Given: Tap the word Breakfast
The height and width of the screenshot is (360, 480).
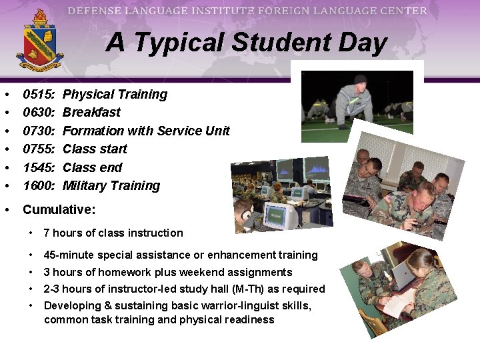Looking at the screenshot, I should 91,113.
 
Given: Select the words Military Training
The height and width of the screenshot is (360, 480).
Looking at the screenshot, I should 111,185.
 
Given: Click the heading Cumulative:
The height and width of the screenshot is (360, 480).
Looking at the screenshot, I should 59,209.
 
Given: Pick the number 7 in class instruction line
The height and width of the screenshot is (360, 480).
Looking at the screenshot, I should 47,233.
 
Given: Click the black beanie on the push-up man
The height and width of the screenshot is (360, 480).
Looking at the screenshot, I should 361,79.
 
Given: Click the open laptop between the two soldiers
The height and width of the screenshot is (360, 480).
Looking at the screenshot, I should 404,273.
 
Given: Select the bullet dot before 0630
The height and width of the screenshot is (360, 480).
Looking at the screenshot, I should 6,113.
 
